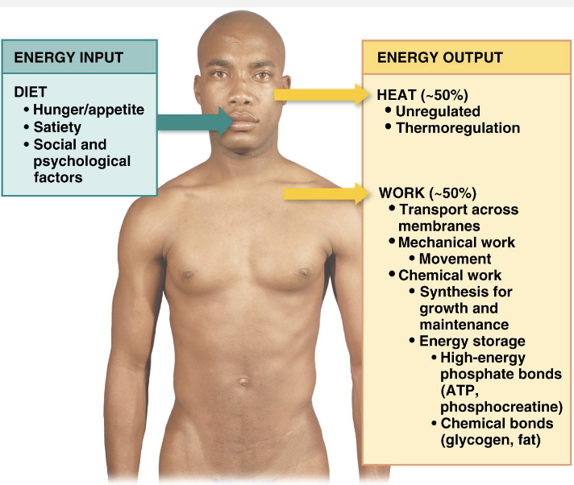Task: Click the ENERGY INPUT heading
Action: click(x=69, y=58)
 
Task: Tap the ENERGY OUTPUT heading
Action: click(x=440, y=58)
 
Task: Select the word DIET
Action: click(x=31, y=92)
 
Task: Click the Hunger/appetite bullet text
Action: click(x=89, y=110)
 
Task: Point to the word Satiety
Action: click(x=57, y=127)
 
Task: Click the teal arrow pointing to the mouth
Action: click(x=195, y=122)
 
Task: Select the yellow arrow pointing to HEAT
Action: click(x=322, y=95)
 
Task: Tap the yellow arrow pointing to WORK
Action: click(x=327, y=194)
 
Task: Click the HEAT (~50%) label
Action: click(x=422, y=95)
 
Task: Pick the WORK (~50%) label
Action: click(x=427, y=193)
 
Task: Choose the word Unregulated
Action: click(x=438, y=111)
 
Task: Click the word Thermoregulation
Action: click(x=458, y=128)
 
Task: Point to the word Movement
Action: click(x=455, y=259)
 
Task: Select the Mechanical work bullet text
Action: click(x=456, y=242)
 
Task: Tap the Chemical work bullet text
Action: click(x=450, y=276)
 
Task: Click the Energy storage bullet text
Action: click(x=472, y=342)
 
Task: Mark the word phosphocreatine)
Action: click(x=501, y=407)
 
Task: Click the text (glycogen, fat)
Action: click(x=490, y=440)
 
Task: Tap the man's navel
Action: click(x=243, y=382)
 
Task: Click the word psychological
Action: click(x=82, y=161)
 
